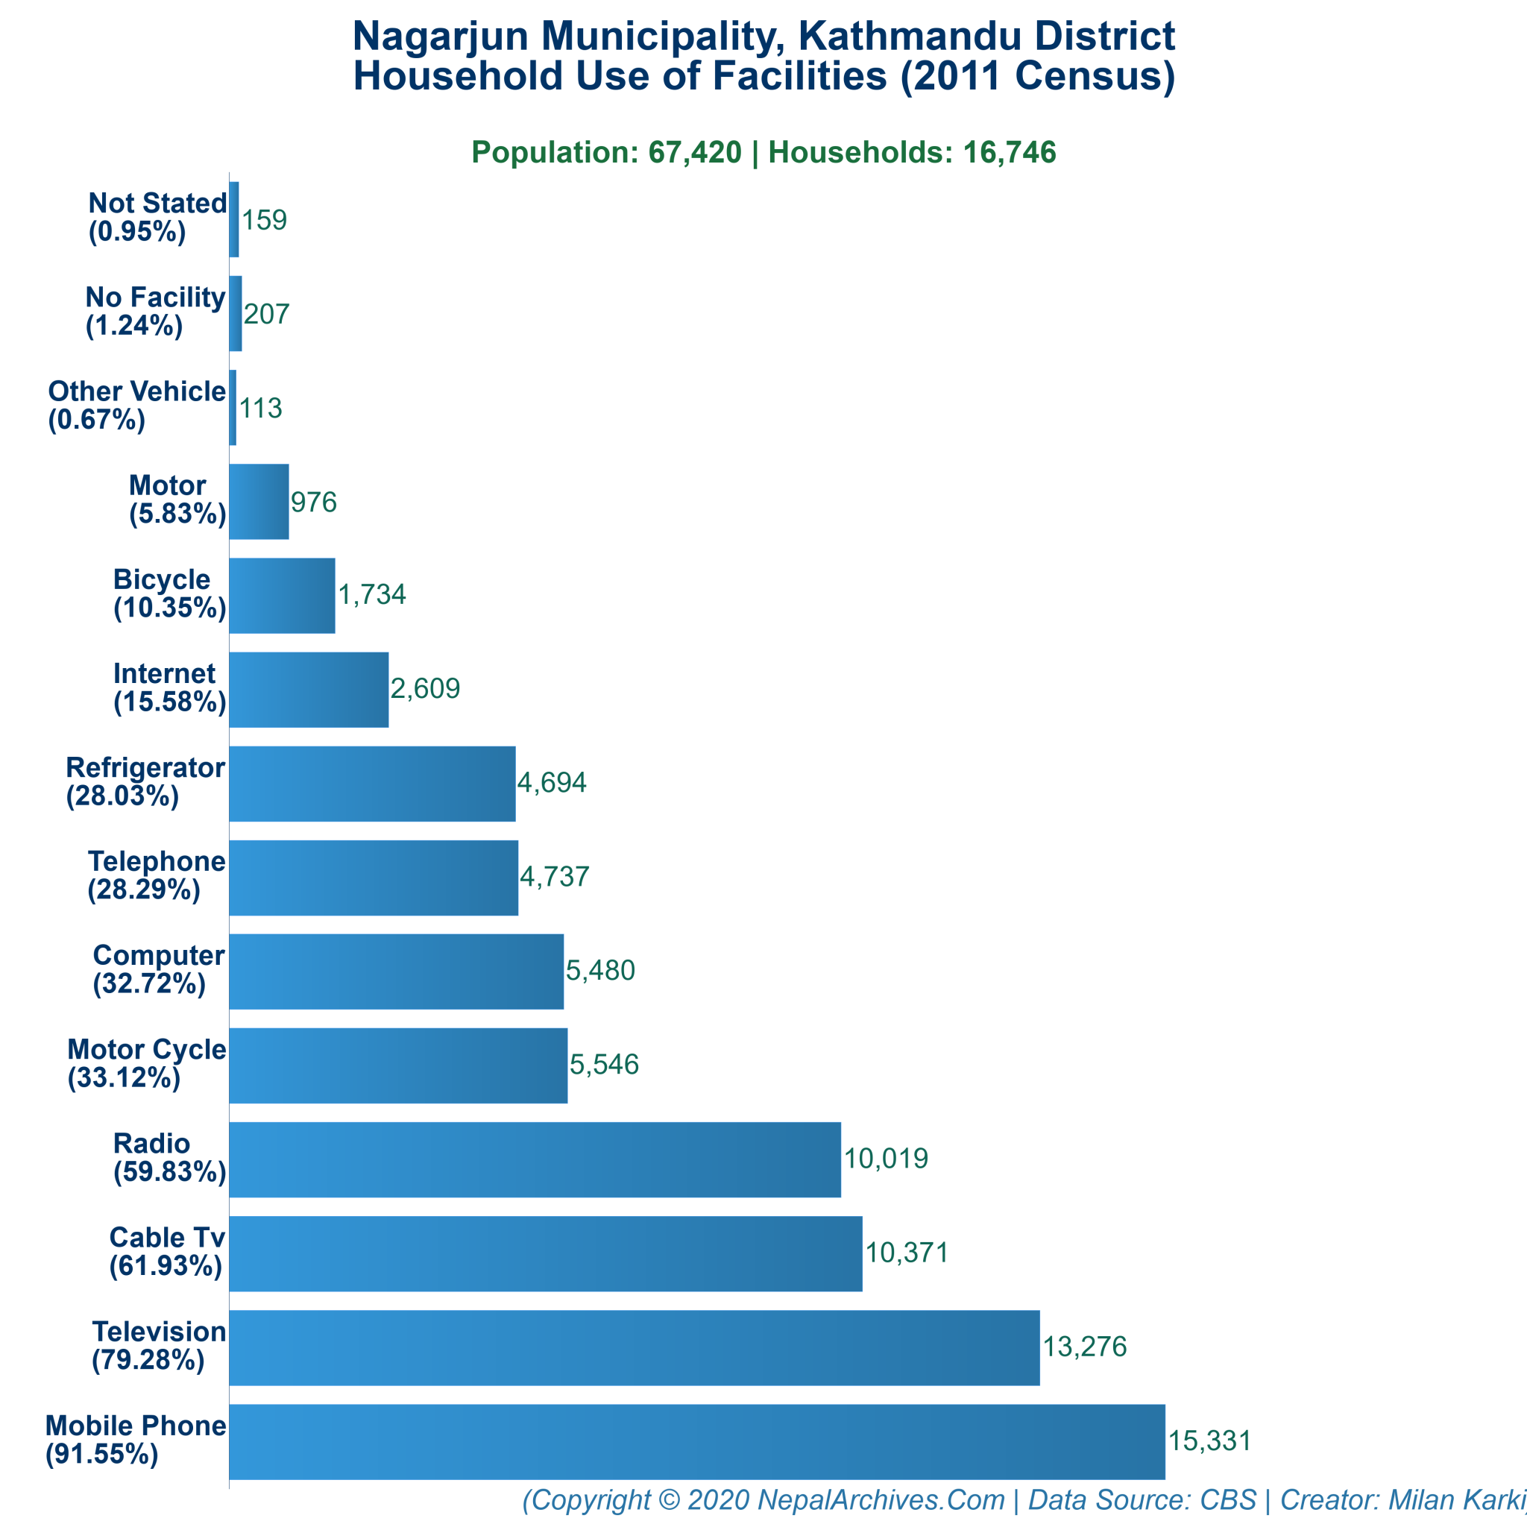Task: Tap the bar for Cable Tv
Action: coord(545,1253)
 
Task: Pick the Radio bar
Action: coord(535,1159)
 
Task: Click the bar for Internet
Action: coord(308,689)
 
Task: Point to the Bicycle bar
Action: coord(281,595)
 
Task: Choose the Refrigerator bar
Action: coord(371,784)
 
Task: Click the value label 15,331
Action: coord(1209,1441)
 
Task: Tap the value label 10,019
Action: coord(885,1159)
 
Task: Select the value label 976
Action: coord(314,502)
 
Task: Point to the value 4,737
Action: coord(554,877)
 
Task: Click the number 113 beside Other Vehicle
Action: coord(260,408)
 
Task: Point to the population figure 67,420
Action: coord(695,152)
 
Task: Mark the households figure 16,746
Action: coord(1010,152)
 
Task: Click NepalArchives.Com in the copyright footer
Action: coord(881,1499)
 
